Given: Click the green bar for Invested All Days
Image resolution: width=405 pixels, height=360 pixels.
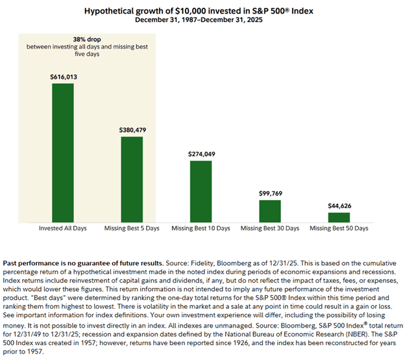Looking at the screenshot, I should [x=63, y=153].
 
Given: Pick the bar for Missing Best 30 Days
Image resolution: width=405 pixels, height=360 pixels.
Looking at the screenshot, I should [x=269, y=211].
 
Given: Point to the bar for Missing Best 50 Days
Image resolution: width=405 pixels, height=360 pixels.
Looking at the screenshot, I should [x=338, y=217].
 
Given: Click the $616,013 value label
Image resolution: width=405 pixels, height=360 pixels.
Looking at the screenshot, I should [x=63, y=77].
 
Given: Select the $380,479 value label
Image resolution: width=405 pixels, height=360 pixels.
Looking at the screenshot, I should [x=132, y=130].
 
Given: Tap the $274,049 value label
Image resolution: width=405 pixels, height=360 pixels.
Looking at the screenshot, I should [x=201, y=154].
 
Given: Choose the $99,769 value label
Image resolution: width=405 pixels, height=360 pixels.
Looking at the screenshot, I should [x=269, y=193].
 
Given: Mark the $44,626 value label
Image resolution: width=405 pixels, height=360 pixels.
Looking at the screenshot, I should [x=338, y=205].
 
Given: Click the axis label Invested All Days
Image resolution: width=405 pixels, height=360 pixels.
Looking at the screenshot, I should [x=63, y=229].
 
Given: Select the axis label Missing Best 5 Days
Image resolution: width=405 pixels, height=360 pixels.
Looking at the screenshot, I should [x=132, y=229].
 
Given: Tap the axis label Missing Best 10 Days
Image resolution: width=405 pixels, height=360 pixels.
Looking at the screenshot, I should [x=201, y=229].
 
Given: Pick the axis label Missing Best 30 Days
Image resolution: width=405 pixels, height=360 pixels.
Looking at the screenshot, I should [x=269, y=229].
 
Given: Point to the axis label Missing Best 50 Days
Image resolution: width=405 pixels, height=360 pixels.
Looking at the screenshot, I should [x=338, y=229].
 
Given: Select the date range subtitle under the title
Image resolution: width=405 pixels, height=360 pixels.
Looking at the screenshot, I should [x=202, y=19].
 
